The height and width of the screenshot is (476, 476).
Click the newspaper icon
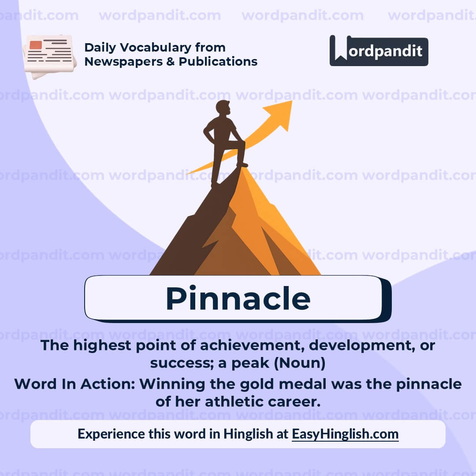click(49, 56)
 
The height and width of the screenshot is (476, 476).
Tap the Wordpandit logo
click(379, 51)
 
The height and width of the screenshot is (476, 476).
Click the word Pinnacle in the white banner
click(238, 299)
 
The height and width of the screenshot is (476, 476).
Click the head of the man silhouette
click(223, 108)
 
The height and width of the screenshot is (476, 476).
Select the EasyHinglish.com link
click(345, 434)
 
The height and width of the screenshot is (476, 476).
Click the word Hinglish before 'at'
click(248, 434)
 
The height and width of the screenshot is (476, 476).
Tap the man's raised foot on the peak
click(242, 165)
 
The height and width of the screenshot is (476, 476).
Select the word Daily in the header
click(100, 48)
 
